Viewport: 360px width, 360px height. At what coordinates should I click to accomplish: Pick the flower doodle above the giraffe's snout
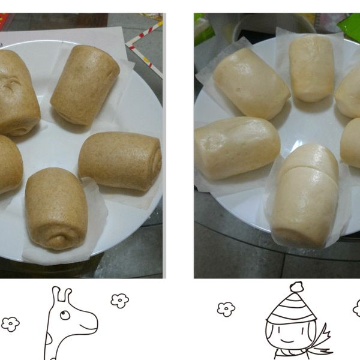point(120,299)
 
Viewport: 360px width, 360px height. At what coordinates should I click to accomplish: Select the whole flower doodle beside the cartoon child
point(226,308)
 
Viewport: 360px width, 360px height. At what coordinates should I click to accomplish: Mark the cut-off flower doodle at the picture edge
point(356,308)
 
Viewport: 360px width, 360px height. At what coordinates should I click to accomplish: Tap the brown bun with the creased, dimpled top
point(17,93)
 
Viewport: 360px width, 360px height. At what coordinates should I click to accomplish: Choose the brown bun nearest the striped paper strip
point(85,83)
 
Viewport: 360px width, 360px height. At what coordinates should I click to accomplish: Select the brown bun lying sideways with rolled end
point(120,161)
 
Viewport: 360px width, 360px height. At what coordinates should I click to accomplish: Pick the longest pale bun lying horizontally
point(236,147)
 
